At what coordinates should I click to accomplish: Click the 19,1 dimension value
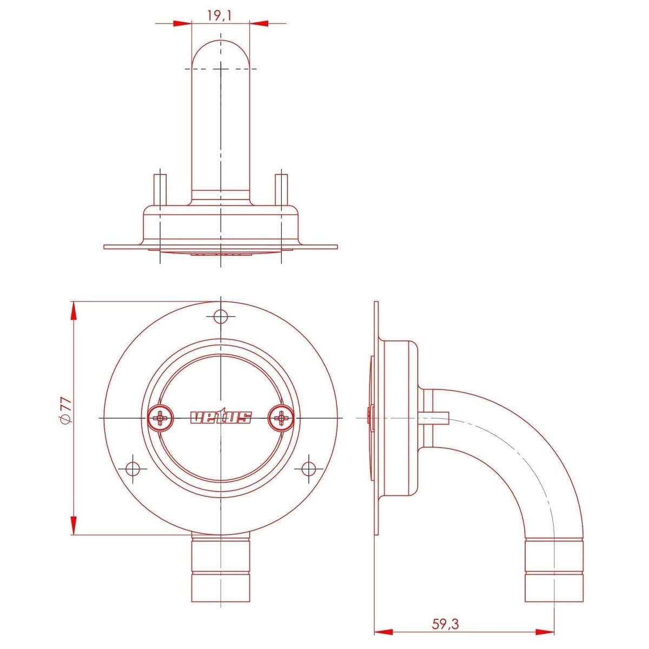pos(219,16)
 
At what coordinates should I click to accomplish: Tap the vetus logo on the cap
pos(221,418)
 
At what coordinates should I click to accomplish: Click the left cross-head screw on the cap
pos(161,418)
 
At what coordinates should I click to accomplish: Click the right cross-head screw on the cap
pos(281,418)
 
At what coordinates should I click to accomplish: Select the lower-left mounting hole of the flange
pos(133,467)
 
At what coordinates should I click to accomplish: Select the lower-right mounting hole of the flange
pos(308,467)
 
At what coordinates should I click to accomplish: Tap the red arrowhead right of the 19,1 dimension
pos(260,23)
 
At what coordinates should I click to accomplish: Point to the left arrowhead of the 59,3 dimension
pos(383,631)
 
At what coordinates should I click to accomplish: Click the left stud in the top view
pos(160,189)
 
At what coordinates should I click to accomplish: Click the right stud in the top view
pos(281,189)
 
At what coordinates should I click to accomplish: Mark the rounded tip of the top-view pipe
pos(221,51)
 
